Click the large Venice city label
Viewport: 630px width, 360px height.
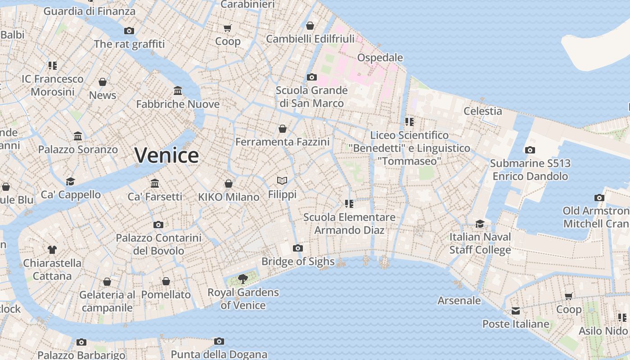[166, 155]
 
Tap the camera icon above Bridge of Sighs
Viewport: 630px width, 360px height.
[297, 248]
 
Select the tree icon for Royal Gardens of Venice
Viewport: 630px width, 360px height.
[243, 279]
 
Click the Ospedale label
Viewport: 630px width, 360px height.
[380, 58]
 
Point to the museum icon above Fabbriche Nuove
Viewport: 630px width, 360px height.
[178, 91]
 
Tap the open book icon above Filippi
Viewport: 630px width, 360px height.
[282, 181]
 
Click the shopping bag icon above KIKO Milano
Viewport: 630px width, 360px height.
[229, 184]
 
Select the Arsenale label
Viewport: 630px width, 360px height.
[459, 301]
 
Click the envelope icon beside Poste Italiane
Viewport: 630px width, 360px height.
[516, 311]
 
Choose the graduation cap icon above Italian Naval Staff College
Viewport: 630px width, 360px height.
[480, 224]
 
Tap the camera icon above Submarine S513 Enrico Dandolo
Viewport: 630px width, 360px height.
[530, 150]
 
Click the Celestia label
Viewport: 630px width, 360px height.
[482, 111]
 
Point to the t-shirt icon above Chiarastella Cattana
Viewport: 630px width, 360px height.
[52, 249]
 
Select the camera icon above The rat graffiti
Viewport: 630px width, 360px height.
[129, 31]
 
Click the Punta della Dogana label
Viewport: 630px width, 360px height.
[219, 355]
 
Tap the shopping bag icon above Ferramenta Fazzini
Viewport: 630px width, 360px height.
[283, 129]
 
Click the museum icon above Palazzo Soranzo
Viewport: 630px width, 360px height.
[78, 136]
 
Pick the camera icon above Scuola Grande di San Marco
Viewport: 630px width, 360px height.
[311, 77]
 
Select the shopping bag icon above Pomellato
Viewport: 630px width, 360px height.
[166, 281]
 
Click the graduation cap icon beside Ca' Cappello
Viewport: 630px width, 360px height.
[71, 181]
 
